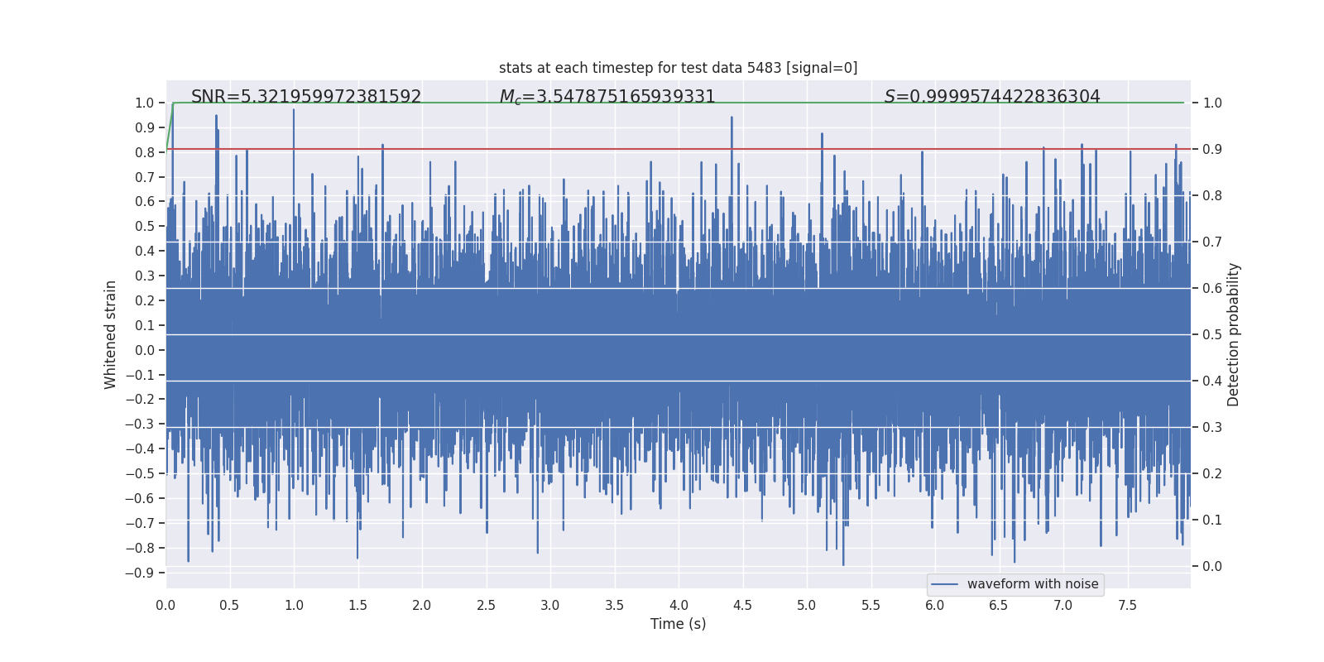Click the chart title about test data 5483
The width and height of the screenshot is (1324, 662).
click(x=678, y=68)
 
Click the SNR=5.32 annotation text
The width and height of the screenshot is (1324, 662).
click(x=306, y=97)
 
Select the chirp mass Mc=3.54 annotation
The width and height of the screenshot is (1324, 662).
click(x=607, y=97)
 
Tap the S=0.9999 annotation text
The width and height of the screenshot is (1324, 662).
click(x=992, y=97)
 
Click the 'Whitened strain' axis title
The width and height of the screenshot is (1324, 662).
click(x=111, y=334)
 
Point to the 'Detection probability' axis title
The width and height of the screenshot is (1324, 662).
click(x=1234, y=334)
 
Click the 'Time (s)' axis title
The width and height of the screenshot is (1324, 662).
click(x=678, y=624)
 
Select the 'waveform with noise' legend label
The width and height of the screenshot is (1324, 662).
click(x=1033, y=584)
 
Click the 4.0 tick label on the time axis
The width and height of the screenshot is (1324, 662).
click(x=679, y=605)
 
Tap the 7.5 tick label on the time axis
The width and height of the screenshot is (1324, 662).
click(x=1127, y=605)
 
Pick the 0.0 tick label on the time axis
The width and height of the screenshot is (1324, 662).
click(x=165, y=605)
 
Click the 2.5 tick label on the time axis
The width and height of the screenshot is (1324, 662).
click(x=486, y=605)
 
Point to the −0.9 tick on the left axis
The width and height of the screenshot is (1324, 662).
click(x=140, y=573)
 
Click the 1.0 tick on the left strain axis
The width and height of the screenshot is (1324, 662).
click(x=145, y=103)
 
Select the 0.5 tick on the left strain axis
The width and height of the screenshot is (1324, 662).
click(x=145, y=226)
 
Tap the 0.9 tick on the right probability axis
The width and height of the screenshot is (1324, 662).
click(x=1212, y=149)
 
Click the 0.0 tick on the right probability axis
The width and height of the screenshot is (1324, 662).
click(x=1212, y=566)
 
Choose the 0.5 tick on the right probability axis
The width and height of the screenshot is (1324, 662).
click(x=1212, y=334)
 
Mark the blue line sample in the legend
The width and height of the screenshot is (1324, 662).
click(x=944, y=584)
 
